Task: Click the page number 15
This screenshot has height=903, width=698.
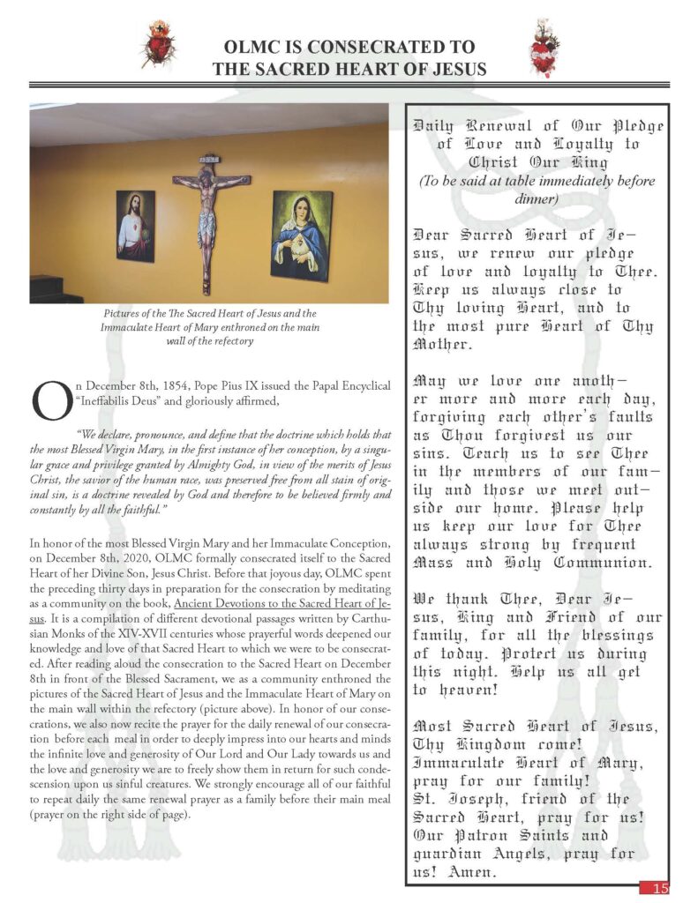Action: (x=659, y=888)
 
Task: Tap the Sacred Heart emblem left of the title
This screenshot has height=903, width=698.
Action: (x=159, y=44)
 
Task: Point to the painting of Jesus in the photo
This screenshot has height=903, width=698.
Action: (x=135, y=226)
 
